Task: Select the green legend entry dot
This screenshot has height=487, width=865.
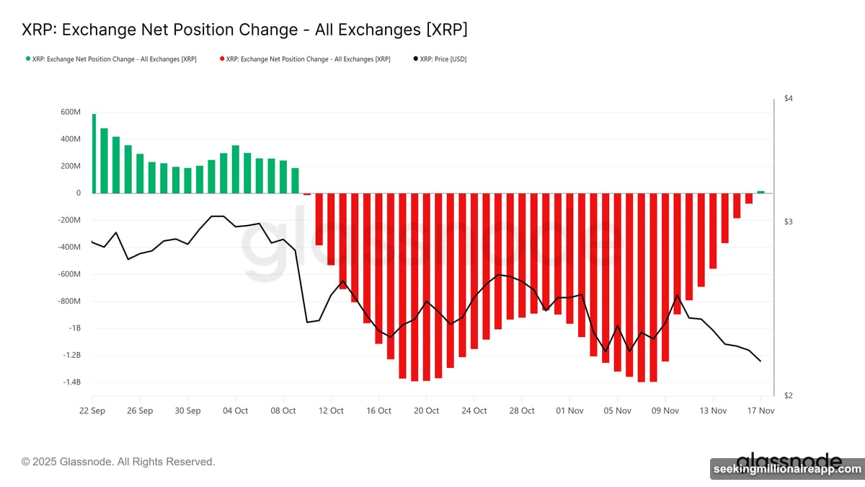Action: coord(27,59)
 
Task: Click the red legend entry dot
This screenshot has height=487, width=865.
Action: coord(221,59)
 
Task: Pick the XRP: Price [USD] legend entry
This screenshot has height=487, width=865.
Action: coord(440,59)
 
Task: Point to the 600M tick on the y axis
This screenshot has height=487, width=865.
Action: coord(71,112)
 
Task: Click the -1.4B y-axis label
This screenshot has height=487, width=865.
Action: coord(70,382)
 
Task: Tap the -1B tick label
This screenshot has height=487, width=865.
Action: coord(74,328)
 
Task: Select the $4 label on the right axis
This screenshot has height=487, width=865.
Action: coord(789,98)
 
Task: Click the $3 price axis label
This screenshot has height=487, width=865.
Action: coord(789,221)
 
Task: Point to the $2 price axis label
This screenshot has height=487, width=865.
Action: coord(789,395)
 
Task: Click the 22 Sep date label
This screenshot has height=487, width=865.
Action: coord(92,411)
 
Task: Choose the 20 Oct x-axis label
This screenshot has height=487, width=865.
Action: coord(426,411)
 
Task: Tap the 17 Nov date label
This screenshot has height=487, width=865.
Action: coord(760,411)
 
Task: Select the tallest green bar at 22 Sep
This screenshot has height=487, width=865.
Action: coord(94,154)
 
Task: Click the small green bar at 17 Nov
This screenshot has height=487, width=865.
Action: coord(760,192)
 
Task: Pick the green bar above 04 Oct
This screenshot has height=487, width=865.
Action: coord(236,170)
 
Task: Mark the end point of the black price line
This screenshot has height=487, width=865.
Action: coord(760,361)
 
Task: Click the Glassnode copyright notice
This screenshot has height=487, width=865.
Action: coord(118,461)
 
